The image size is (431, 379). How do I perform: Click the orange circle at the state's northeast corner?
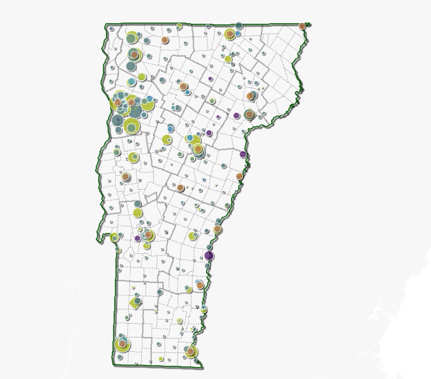coord(302,26)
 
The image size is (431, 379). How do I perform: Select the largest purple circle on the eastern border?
coord(209,255)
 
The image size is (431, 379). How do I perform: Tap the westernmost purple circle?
coord(137,238)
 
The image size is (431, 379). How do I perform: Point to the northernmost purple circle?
coord(210,79)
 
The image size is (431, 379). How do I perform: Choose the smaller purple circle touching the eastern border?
coord(243,154)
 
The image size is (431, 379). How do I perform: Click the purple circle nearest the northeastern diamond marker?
coord(236,116)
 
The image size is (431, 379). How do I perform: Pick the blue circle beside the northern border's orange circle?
coord(238,33)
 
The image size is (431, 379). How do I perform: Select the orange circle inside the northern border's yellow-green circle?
coord(230,34)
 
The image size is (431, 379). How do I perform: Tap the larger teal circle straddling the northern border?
coord(238,26)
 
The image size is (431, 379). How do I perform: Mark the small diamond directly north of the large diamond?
coord(133,287)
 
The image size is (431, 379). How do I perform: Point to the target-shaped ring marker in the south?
coord(179,321)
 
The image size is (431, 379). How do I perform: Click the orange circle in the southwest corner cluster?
coord(123,344)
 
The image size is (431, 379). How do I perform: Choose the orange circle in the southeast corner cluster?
coord(191,352)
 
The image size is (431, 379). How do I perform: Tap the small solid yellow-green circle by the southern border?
coord(161,359)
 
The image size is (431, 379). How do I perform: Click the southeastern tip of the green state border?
coord(203,367)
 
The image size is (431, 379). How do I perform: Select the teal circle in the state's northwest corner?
coord(112,29)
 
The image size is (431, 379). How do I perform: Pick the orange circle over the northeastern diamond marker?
coord(249,114)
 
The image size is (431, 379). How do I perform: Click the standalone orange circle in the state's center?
coord(181,188)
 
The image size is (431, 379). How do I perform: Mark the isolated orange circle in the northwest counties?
coord(164,40)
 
